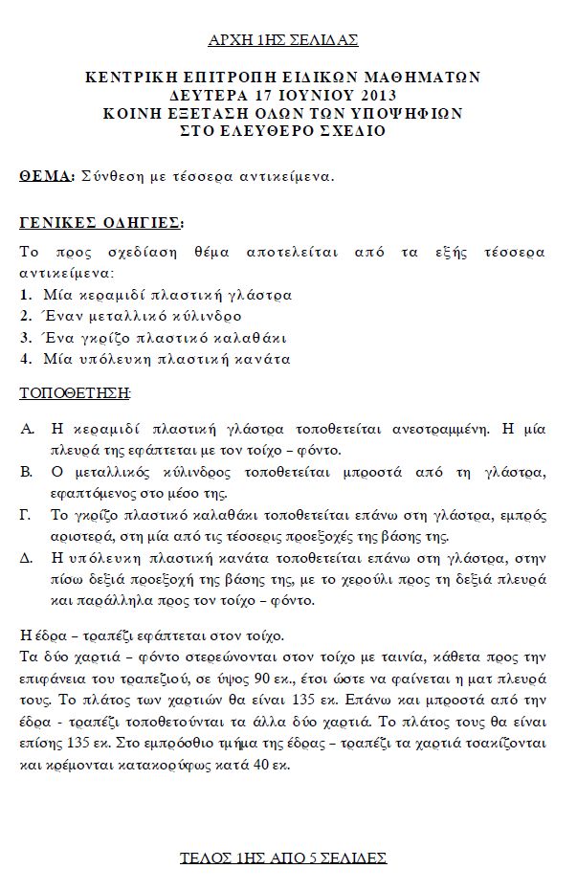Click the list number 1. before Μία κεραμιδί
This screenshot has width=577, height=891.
click(x=26, y=295)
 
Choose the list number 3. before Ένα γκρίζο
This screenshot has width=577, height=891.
click(x=26, y=338)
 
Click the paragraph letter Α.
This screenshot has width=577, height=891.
click(x=27, y=428)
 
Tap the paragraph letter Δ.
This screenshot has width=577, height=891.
click(x=27, y=560)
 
